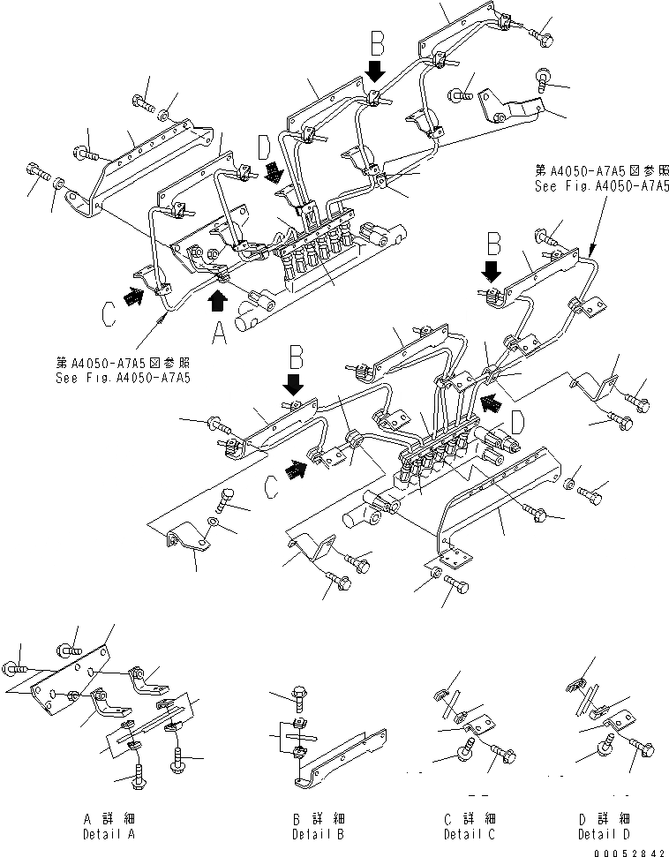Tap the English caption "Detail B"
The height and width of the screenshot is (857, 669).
click(319, 834)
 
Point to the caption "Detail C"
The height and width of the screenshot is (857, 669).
click(469, 834)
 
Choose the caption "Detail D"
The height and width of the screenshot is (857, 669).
click(604, 834)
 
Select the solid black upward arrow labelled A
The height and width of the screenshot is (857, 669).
click(217, 303)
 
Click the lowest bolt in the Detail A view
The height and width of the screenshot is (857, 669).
click(137, 779)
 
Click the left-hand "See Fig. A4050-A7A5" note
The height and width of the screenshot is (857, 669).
click(124, 368)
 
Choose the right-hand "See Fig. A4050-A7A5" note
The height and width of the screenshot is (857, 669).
click(600, 180)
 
